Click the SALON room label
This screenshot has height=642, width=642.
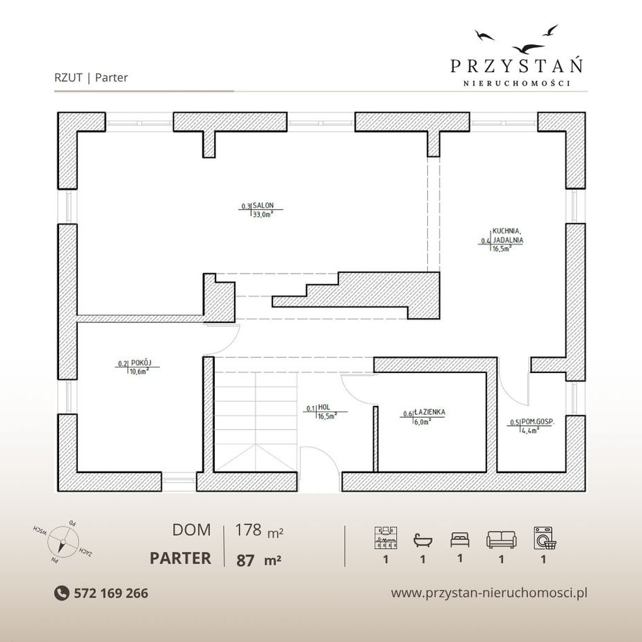(x=263, y=205)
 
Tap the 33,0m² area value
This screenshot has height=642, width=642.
(x=263, y=214)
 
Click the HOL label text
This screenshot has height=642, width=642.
(x=324, y=407)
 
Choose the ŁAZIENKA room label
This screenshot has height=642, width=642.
(x=429, y=412)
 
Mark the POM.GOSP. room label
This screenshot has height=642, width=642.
(x=538, y=421)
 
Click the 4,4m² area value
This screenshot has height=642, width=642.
(x=530, y=430)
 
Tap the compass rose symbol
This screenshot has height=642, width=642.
(x=63, y=544)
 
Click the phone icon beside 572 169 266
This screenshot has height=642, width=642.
(x=61, y=593)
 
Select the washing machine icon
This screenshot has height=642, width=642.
(x=545, y=538)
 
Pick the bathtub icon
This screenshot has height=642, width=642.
(x=423, y=540)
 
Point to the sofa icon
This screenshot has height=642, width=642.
(x=501, y=540)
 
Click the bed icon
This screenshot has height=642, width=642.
(x=460, y=540)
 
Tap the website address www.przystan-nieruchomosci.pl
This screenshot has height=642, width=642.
(x=489, y=593)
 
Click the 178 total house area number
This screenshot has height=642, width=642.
(x=248, y=530)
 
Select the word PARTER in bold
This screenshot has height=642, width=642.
(x=181, y=558)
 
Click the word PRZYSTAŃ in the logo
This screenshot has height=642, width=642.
(x=517, y=65)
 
